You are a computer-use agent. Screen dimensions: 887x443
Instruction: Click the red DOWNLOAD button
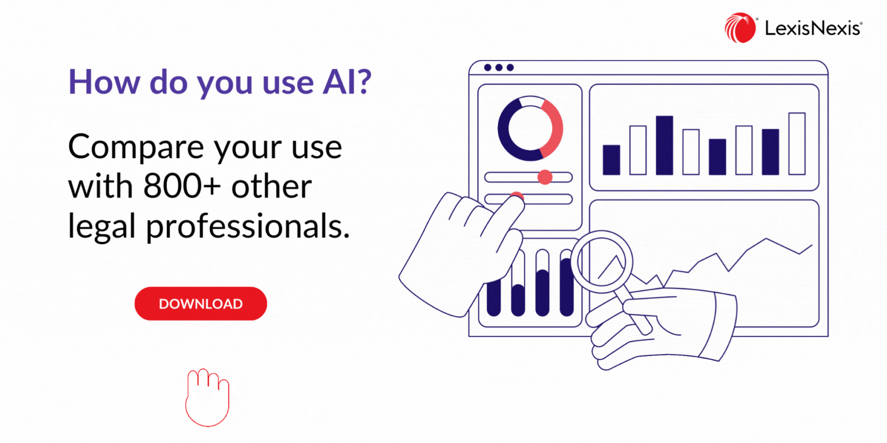(201, 304)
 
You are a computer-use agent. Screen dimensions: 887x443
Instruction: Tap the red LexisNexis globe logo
(740, 28)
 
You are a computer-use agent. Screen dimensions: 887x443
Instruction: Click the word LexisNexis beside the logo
(814, 28)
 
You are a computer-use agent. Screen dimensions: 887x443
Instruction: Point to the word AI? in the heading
(346, 82)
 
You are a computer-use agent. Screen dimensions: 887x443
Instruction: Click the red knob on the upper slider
(545, 177)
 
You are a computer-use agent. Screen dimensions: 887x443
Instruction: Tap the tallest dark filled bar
(664, 145)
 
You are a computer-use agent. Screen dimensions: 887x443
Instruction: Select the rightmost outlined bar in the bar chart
(797, 144)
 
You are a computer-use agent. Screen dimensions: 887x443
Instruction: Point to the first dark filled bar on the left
(611, 160)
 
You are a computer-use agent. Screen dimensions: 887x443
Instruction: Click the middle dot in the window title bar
(498, 68)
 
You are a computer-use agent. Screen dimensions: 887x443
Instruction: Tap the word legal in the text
(102, 227)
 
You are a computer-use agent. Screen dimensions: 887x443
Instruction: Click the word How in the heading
(104, 82)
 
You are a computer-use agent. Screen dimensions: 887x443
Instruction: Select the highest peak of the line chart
(766, 239)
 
